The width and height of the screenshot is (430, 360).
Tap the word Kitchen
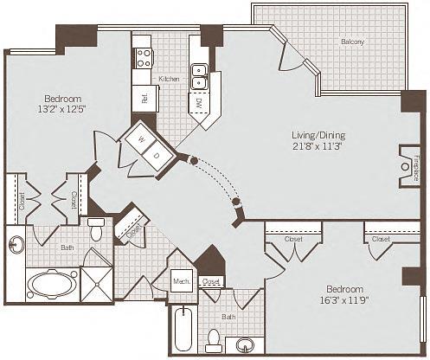coord(170,80)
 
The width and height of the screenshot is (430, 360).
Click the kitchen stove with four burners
coord(144,58)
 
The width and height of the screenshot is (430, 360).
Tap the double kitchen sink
coord(199,76)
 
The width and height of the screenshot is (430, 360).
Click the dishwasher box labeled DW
coord(198,103)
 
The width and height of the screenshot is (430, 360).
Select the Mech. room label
coord(181,281)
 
